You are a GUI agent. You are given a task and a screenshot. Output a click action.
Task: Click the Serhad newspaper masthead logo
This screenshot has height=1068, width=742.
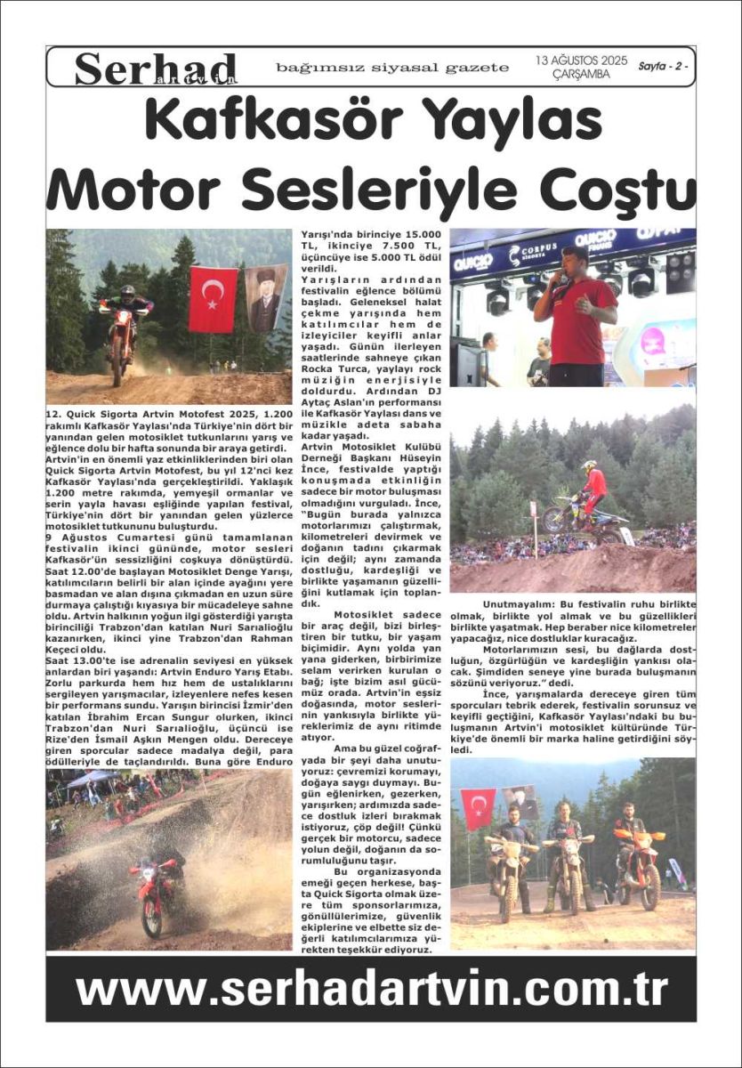(x=156, y=69)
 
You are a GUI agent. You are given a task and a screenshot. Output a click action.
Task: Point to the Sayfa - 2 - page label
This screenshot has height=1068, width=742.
(x=664, y=67)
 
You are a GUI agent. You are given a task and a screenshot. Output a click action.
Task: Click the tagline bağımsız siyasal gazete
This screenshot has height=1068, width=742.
(x=392, y=68)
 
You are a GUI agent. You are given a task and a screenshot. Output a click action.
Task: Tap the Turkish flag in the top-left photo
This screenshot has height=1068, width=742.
(x=214, y=299)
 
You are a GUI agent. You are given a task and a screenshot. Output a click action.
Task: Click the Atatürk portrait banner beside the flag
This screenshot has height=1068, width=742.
(x=265, y=297)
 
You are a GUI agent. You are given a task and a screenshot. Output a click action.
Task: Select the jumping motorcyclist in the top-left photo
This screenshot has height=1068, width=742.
(x=124, y=329)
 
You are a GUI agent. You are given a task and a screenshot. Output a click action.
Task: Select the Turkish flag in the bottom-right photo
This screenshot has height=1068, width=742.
(x=479, y=808)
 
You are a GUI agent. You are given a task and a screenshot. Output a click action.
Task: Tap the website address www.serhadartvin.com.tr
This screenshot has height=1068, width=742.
(x=371, y=989)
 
